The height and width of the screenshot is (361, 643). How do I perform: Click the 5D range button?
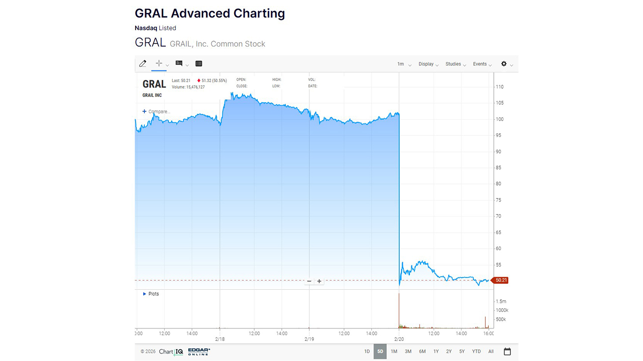(x=380, y=351)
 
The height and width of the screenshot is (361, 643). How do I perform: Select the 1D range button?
(x=367, y=351)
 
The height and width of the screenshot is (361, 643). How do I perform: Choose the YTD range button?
(x=476, y=351)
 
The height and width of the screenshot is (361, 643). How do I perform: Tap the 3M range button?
(x=408, y=351)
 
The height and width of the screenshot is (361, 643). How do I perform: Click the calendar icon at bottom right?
(x=507, y=351)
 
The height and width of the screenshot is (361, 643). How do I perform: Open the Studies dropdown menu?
(x=456, y=64)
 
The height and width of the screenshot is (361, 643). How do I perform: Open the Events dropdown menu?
(x=482, y=64)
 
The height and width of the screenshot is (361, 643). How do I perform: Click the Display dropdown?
(x=428, y=64)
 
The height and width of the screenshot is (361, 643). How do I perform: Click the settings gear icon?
(x=504, y=64)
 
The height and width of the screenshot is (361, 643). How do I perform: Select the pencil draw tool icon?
(x=143, y=64)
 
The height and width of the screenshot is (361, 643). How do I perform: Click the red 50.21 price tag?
(x=501, y=280)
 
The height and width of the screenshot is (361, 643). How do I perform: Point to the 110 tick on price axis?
(x=499, y=87)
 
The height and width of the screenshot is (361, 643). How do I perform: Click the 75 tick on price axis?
(x=498, y=200)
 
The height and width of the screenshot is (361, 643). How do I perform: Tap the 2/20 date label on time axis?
(x=399, y=339)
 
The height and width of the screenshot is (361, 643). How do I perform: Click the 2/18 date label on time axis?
(x=220, y=339)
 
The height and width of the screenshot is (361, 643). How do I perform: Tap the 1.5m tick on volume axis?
(x=501, y=301)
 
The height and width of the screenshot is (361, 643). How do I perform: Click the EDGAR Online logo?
(x=199, y=351)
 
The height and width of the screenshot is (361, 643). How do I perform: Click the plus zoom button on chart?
(x=319, y=281)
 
